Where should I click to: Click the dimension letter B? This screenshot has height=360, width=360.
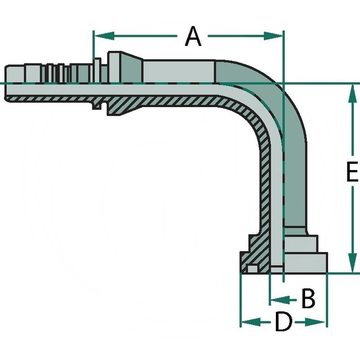[x=308, y=299]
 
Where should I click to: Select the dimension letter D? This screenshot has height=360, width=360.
[x=283, y=322]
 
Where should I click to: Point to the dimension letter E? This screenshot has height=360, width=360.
[x=352, y=172]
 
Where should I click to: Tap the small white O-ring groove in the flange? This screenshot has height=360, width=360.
[x=252, y=269]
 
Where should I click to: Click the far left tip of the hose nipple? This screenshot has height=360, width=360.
[x=6, y=83]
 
